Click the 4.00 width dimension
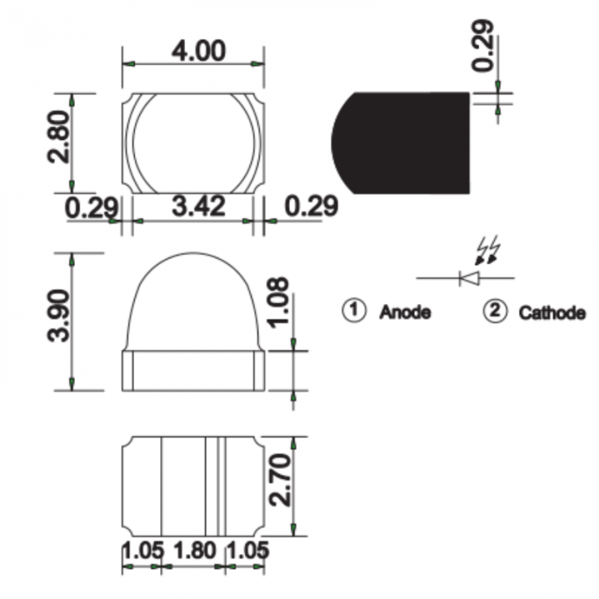pyautogui.click(x=198, y=51)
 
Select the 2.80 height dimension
pyautogui.click(x=59, y=137)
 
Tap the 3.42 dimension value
pyautogui.click(x=198, y=206)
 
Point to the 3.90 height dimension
pyautogui.click(x=58, y=315)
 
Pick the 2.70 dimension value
pyautogui.click(x=280, y=480)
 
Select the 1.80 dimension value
pyautogui.click(x=195, y=551)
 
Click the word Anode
pyautogui.click(x=405, y=312)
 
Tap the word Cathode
pyautogui.click(x=552, y=313)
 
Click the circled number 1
pyautogui.click(x=354, y=311)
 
